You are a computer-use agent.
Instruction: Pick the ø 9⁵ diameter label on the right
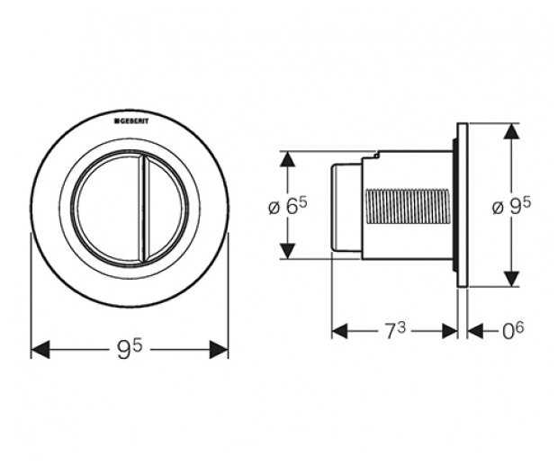(512, 206)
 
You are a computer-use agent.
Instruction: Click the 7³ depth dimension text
(393, 330)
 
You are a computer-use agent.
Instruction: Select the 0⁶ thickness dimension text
(512, 330)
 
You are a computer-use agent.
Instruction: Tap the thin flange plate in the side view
(463, 205)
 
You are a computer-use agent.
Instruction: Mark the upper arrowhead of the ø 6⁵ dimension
(287, 159)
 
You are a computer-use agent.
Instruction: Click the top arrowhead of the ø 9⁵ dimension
(511, 131)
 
